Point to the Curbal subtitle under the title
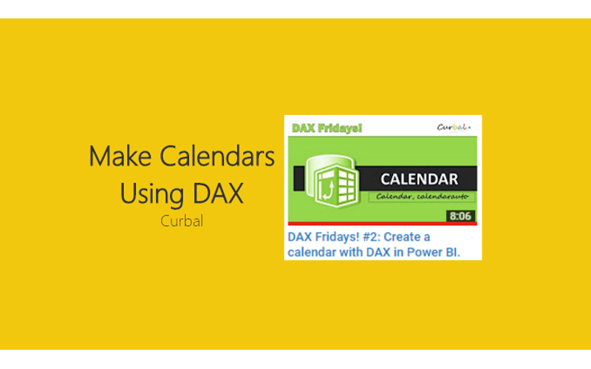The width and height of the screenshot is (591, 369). point(182,220)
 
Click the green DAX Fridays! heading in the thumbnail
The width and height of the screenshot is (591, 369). point(327,128)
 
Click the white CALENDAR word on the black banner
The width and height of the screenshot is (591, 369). point(419,179)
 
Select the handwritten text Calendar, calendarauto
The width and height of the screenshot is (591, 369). point(424,197)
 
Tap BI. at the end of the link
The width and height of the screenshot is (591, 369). point(450,252)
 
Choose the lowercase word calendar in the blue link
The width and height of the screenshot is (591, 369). point(310,252)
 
